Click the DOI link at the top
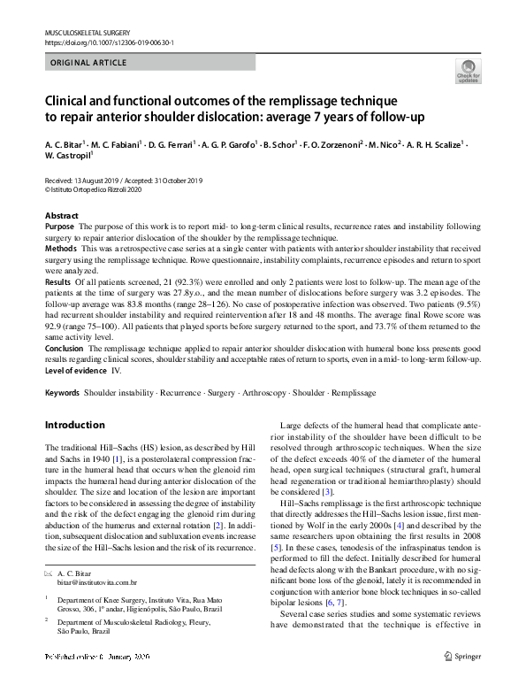109,42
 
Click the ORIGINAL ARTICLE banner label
88,63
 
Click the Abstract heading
62,216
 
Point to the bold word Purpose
60,227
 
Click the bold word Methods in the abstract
61,250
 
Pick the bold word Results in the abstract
59,281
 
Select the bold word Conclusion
65,349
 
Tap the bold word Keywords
63,390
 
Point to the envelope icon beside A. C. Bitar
50,574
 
